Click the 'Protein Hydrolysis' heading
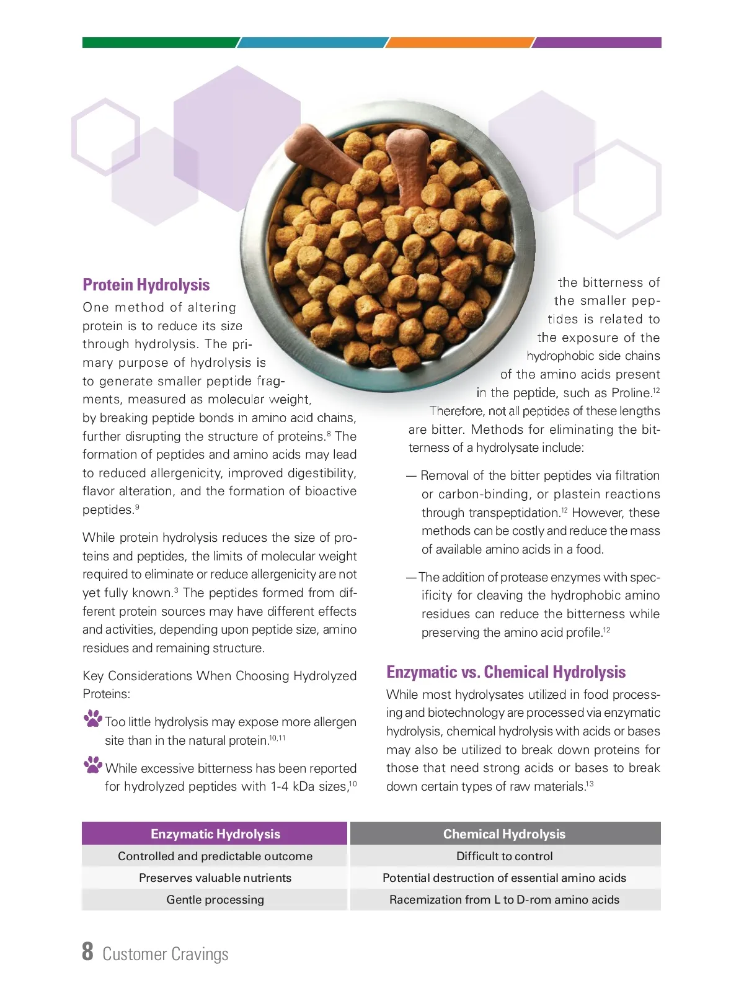point(146,285)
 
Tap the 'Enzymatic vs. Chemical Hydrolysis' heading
point(506,672)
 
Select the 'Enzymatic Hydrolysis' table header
point(215,834)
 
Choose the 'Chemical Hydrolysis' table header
point(504,834)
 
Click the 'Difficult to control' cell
point(504,856)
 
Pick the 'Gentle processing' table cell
point(215,900)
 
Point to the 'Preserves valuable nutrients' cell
point(215,878)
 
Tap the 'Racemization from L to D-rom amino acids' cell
point(504,900)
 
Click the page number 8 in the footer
point(87,952)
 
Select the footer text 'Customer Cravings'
point(166,955)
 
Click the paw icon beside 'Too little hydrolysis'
point(93,719)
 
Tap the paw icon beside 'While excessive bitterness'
point(93,765)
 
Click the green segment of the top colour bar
point(159,43)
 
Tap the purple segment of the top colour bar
point(598,43)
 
